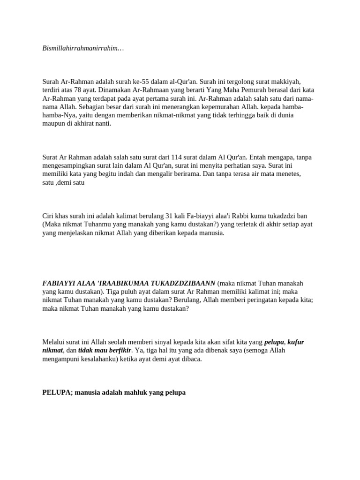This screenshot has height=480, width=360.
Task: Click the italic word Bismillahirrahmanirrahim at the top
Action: pos(82,48)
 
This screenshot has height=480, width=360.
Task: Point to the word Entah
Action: pos(261,157)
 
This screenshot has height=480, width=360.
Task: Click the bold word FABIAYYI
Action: pos(60,284)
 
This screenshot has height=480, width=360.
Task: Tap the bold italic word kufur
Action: pos(296,342)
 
